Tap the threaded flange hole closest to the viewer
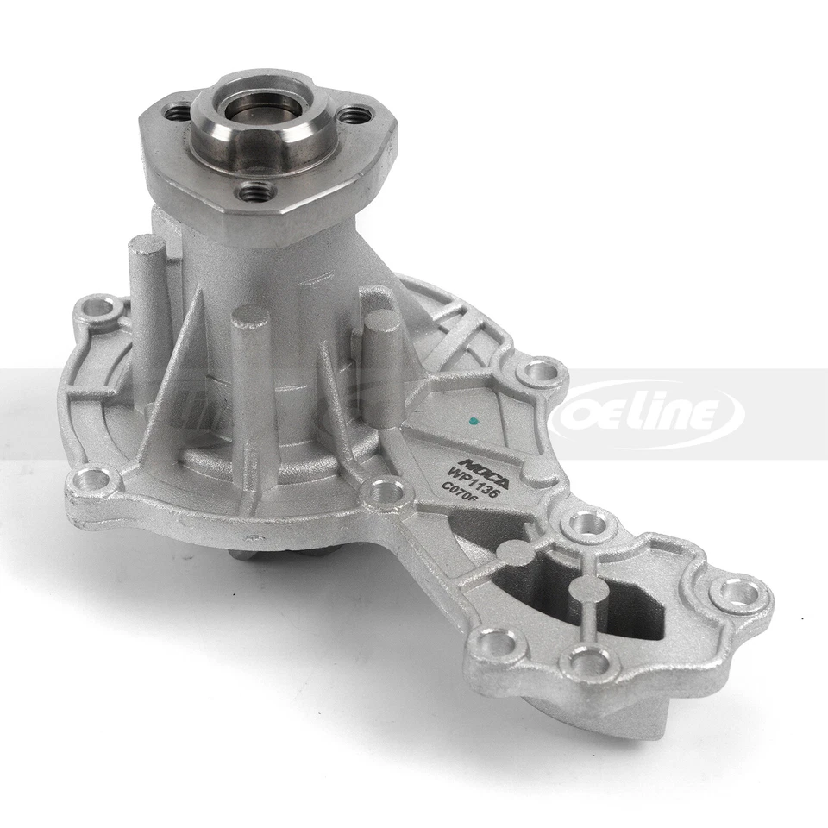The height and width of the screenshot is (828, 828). [254, 191]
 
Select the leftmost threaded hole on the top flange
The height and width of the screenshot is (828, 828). [179, 112]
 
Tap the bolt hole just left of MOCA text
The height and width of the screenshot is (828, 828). [386, 493]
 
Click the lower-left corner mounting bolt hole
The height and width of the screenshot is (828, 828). [94, 479]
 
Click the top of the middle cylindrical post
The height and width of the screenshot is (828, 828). [251, 317]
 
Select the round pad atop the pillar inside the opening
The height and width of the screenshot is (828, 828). [588, 589]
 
